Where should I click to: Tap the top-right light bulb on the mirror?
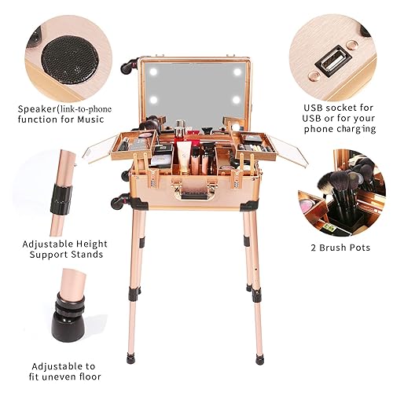(238, 71)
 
